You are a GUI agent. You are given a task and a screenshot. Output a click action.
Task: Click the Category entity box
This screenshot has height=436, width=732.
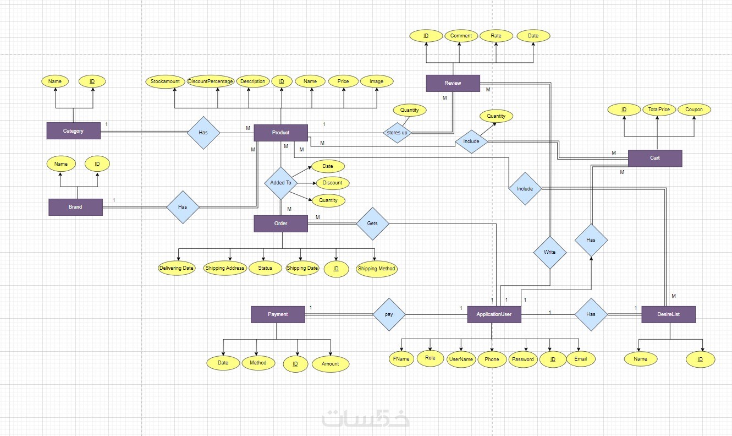[x=73, y=131]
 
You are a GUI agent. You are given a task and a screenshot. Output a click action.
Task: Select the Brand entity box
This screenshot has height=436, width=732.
[x=75, y=207]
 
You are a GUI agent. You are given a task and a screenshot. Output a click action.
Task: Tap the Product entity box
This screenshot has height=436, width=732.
[x=280, y=133]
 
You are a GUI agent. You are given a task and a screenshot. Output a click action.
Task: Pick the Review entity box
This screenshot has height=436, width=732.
[x=453, y=83]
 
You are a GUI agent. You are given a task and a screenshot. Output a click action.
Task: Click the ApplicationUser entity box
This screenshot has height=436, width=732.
[x=494, y=314]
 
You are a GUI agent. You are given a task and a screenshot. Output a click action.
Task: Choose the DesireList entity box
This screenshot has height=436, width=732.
[x=668, y=314]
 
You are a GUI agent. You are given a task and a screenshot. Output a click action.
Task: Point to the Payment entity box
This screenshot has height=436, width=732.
[x=278, y=314]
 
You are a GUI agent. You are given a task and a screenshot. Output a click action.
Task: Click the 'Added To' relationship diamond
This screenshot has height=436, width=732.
[x=281, y=183]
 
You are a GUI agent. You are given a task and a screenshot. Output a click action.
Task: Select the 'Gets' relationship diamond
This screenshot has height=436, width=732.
[x=372, y=224]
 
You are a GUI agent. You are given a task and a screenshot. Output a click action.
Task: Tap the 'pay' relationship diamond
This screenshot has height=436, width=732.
[x=389, y=314]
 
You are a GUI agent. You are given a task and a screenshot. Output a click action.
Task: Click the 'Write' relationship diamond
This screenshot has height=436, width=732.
[x=549, y=252]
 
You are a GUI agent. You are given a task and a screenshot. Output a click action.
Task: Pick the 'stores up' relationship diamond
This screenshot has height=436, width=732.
[x=397, y=133]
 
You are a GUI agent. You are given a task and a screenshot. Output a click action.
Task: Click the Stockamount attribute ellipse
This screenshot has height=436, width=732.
[x=166, y=81]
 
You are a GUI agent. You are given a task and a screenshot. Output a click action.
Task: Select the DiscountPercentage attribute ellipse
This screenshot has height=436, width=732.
[x=211, y=81]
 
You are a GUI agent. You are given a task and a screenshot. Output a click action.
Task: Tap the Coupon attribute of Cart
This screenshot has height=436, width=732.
[x=694, y=110]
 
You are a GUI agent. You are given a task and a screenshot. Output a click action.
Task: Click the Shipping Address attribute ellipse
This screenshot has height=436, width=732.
[x=224, y=268]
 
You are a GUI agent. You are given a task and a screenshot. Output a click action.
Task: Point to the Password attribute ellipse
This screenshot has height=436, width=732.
[x=522, y=359]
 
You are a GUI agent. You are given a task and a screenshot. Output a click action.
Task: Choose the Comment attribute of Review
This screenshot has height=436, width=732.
[x=461, y=36]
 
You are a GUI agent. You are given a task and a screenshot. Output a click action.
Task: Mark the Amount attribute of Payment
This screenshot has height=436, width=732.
[x=331, y=364]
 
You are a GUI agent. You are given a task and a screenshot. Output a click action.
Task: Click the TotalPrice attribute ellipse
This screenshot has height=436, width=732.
[x=659, y=110]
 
